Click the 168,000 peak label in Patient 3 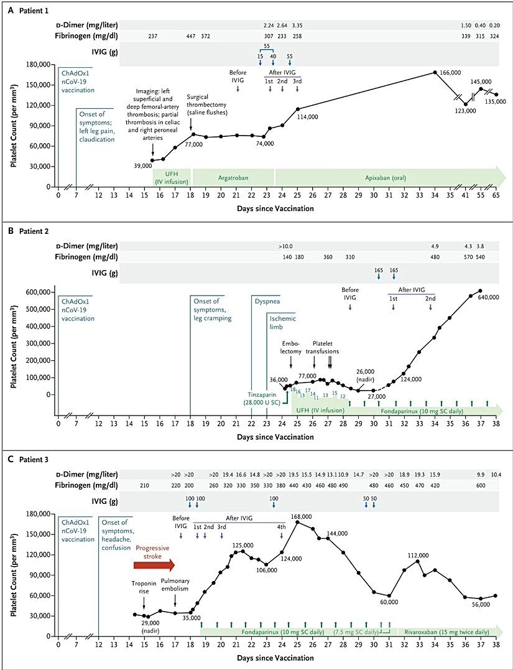point(300,516)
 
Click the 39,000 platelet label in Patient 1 point(143,166)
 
